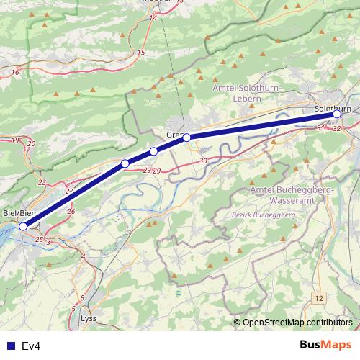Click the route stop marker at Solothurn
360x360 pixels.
[336, 114]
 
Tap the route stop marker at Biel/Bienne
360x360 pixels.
[23, 226]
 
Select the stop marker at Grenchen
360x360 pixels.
[186, 137]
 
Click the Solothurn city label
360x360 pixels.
[333, 108]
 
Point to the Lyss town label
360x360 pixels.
[89, 318]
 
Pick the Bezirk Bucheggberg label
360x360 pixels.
[265, 215]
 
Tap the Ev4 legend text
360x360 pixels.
[31, 346]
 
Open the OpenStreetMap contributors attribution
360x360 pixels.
[297, 323]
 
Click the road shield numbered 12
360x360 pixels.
[319, 297]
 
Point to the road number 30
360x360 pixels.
[203, 161]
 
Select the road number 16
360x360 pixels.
[15, 73]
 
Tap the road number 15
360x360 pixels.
[141, 53]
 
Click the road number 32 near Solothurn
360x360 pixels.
[337, 128]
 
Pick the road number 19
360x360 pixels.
[15, 140]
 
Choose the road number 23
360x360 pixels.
[42, 183]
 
